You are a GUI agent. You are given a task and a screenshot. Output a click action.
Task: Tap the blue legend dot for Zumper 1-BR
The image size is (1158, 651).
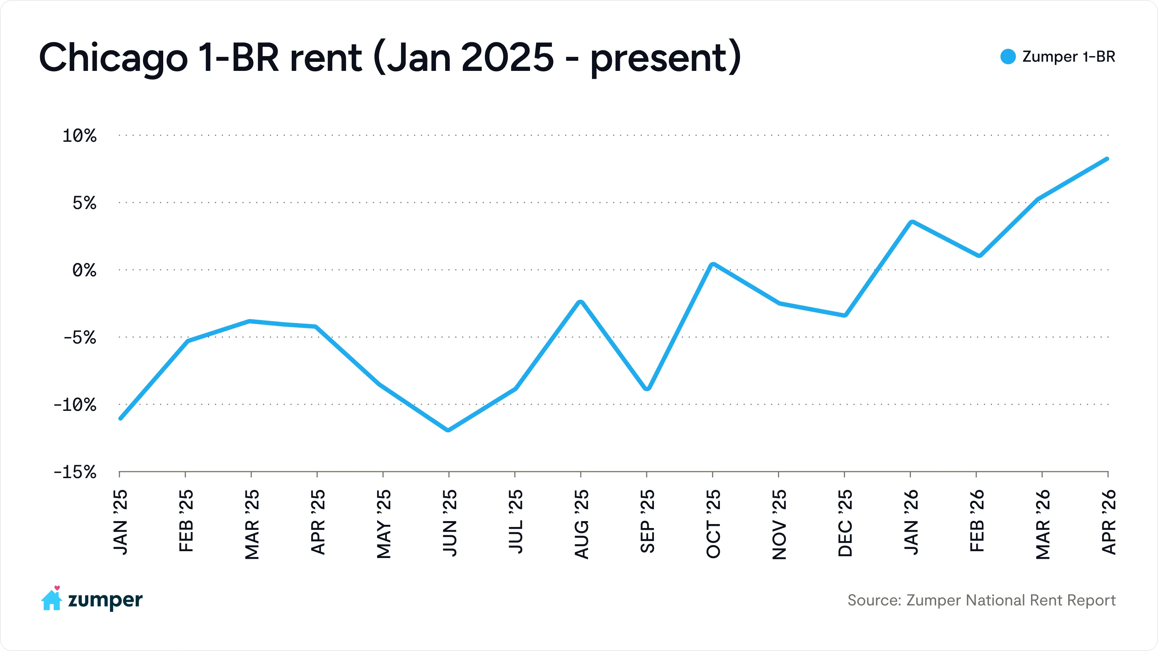1008,57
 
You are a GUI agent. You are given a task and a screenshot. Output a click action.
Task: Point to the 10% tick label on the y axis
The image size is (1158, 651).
79,136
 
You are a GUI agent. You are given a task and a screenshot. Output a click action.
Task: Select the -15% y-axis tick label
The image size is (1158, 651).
75,472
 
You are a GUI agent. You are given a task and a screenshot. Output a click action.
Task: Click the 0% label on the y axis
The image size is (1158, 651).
84,271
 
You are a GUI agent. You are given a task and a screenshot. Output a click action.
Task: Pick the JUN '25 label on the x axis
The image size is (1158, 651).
449,523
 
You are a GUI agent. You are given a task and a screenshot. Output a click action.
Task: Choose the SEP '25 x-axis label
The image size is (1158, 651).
647,521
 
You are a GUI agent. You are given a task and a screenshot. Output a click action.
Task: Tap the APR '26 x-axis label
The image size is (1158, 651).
1108,522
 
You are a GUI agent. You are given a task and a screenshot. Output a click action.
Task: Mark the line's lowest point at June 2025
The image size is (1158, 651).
448,430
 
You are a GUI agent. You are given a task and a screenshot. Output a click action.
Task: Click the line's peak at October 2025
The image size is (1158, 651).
713,264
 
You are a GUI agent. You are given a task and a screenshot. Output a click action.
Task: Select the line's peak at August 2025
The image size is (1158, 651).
580,302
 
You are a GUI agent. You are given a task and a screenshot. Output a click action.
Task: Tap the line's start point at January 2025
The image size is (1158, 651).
121,418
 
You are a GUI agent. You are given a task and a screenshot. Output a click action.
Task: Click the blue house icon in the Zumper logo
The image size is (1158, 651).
51,600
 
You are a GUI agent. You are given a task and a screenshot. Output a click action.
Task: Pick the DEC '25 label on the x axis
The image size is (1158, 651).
845,523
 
